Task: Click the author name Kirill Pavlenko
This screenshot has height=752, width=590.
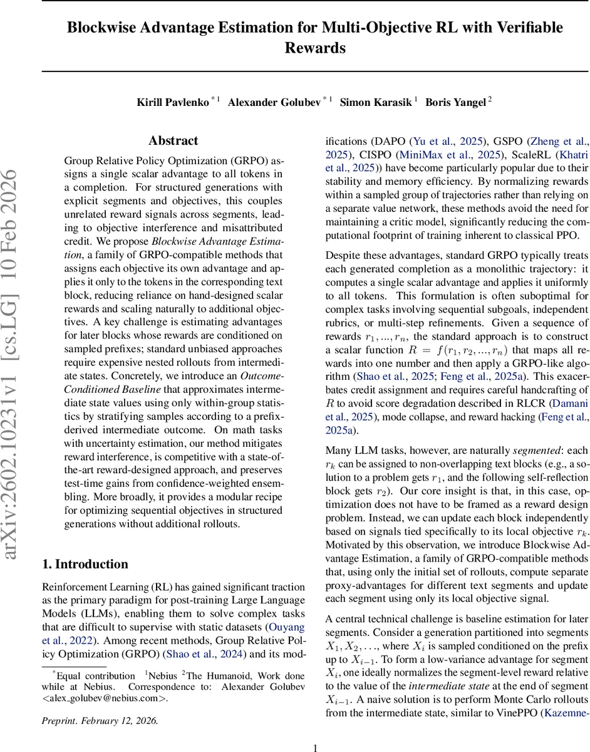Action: pos(172,103)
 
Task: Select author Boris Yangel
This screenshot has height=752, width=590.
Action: pos(455,103)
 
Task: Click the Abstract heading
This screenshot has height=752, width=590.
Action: pos(173,141)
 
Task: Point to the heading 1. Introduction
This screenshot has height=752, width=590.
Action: pos(85,564)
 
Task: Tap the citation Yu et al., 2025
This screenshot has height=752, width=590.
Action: pos(442,141)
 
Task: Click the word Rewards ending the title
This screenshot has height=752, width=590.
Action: pos(315,48)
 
